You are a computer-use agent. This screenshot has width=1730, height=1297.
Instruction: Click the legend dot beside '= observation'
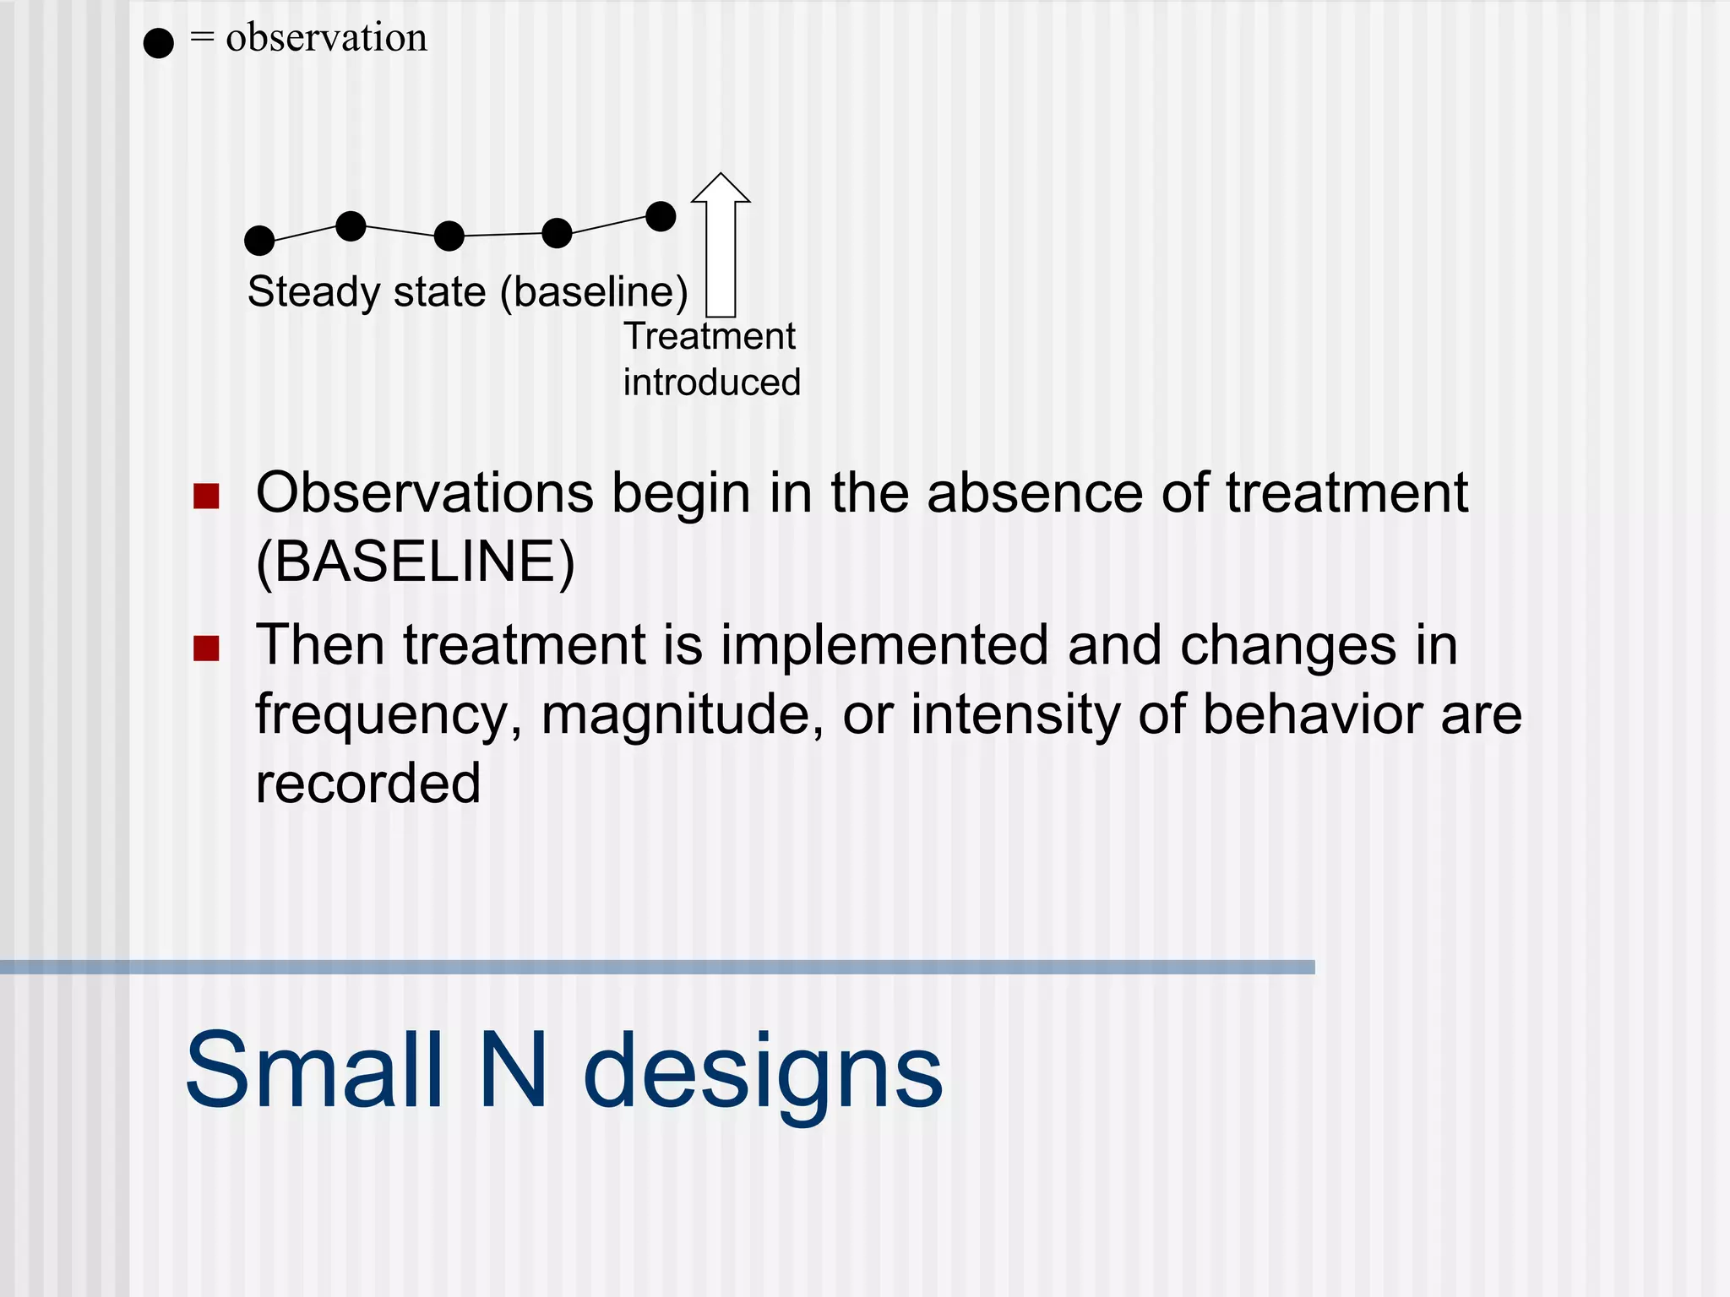(158, 42)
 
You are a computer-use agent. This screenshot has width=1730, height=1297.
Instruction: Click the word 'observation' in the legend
(326, 38)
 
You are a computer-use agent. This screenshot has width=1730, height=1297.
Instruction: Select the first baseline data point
(259, 241)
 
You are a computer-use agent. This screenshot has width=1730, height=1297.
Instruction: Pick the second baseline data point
(351, 225)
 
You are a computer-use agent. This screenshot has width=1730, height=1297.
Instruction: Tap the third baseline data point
(449, 236)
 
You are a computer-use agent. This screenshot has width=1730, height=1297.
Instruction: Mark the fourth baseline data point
(557, 233)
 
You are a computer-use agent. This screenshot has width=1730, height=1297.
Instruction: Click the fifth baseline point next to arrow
(661, 216)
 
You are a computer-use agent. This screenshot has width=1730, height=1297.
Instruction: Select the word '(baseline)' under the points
(594, 292)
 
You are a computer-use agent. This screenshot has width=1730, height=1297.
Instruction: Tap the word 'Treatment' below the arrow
(710, 336)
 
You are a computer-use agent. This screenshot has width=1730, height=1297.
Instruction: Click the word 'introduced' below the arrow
(711, 383)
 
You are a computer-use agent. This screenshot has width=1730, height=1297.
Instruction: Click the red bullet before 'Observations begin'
(206, 496)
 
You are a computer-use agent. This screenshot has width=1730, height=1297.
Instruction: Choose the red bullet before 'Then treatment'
(206, 648)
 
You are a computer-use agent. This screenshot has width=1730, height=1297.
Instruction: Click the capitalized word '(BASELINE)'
(415, 562)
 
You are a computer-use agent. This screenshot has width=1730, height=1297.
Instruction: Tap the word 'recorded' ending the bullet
(367, 783)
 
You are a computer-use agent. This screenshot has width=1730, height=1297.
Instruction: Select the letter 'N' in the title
(513, 1071)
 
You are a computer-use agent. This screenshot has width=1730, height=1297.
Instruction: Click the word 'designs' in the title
(763, 1072)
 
